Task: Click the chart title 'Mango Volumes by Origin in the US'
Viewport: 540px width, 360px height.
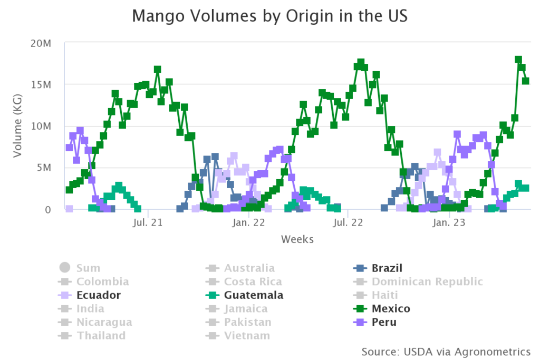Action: click(x=269, y=16)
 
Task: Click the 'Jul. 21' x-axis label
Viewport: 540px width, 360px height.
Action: click(x=148, y=222)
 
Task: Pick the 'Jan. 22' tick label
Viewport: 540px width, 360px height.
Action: click(x=248, y=222)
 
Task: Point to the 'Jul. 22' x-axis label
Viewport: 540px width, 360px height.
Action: click(x=348, y=222)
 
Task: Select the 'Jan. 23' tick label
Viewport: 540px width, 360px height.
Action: click(x=448, y=222)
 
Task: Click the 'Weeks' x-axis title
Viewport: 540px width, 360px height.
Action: click(x=297, y=239)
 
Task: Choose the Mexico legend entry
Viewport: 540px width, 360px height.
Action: click(x=391, y=308)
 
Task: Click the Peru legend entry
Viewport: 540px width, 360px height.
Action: click(x=384, y=322)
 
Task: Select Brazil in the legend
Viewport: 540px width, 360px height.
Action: click(x=387, y=268)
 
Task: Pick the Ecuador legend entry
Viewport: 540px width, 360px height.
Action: click(x=98, y=295)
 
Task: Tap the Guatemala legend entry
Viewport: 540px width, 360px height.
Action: click(x=254, y=295)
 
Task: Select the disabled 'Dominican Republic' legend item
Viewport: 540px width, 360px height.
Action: click(x=427, y=281)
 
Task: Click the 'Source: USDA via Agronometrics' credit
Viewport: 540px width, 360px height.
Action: click(x=446, y=351)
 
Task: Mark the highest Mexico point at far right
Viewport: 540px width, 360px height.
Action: click(x=518, y=60)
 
